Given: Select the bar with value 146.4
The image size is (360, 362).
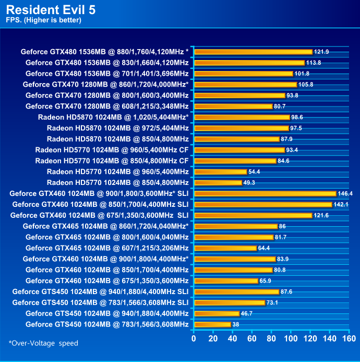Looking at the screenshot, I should click(x=265, y=193).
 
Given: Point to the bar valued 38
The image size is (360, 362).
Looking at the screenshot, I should click(x=212, y=324).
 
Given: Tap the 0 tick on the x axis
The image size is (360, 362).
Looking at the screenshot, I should click(x=194, y=338).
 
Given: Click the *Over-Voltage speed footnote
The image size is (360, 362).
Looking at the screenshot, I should click(x=43, y=343).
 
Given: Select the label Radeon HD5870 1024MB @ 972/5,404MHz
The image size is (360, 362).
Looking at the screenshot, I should click(x=117, y=128).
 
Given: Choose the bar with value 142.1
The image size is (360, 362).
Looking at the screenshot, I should click(x=263, y=204).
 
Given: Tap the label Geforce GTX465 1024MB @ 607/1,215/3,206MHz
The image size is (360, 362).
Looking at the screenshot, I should click(x=107, y=248).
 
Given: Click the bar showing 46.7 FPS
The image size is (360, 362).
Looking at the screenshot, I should click(x=217, y=313).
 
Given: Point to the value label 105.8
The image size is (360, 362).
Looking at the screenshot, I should click(x=306, y=85).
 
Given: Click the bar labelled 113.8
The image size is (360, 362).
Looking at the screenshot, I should click(x=249, y=63).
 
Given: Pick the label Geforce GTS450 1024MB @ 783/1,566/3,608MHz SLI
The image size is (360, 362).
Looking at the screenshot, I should click(x=100, y=302).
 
